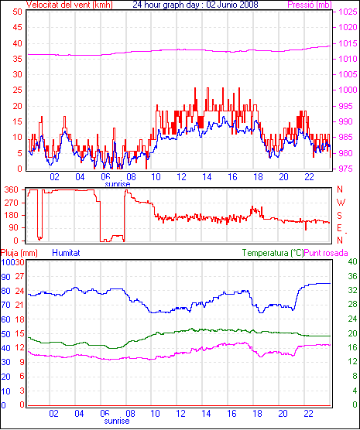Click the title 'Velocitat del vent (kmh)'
pyautogui.click(x=70, y=5)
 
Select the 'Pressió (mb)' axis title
pyautogui.click(x=310, y=5)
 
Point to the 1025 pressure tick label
pyautogui.click(x=348, y=12)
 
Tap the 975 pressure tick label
pyautogui.click(x=346, y=169)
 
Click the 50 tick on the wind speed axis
pyautogui.click(x=17, y=12)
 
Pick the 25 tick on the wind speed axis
pyautogui.click(x=17, y=90)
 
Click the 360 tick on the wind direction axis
pyautogui.click(x=12, y=189)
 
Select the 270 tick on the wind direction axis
pyautogui.click(x=12, y=203)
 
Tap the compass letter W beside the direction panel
pyautogui.click(x=341, y=203)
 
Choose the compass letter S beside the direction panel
pyautogui.click(x=339, y=216)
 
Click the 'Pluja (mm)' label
pyautogui.click(x=19, y=253)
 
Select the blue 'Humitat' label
pyautogui.click(x=66, y=253)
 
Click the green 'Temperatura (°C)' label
pyautogui.click(x=273, y=253)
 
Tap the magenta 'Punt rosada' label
pyautogui.click(x=326, y=253)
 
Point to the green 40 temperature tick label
pyautogui.click(x=352, y=261)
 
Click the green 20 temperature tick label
pyautogui.click(x=352, y=333)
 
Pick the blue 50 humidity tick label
pyautogui.click(x=5, y=334)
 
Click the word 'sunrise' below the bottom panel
pyautogui.click(x=117, y=421)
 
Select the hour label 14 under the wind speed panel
pyautogui.click(x=207, y=177)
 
